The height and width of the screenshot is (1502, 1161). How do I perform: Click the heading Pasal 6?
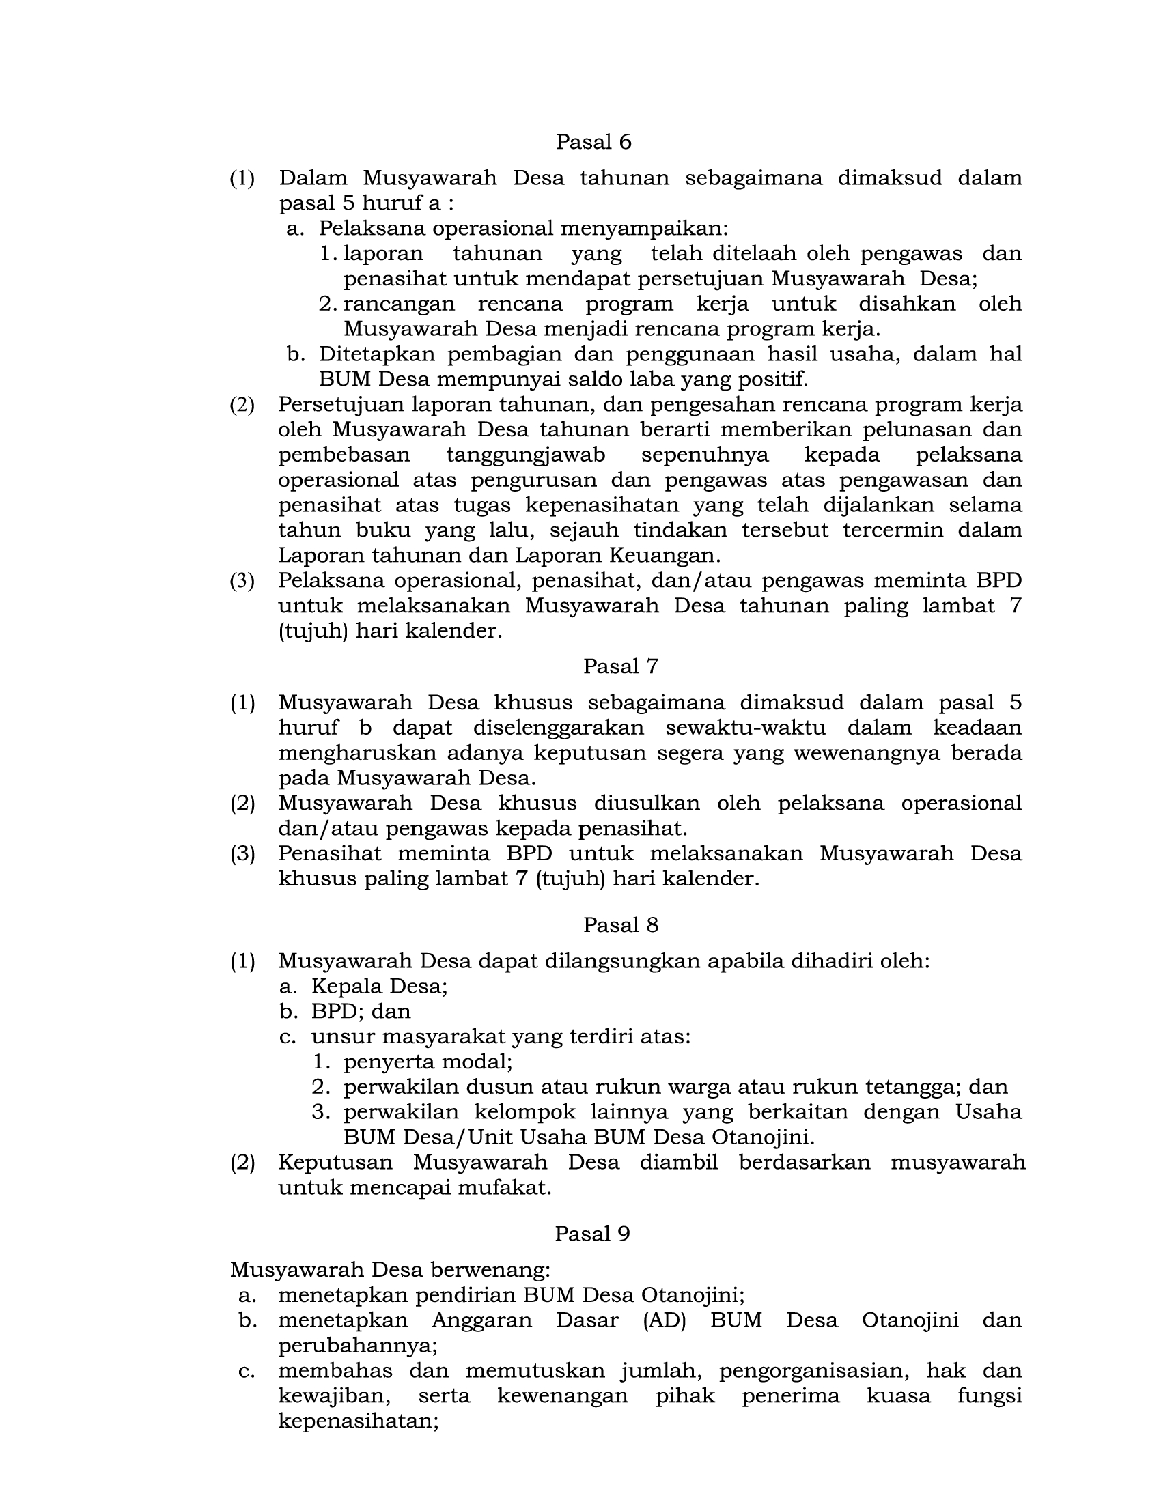coord(593,143)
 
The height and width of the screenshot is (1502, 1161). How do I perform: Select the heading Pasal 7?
coord(620,666)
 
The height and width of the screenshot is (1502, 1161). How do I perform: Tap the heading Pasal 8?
coord(620,925)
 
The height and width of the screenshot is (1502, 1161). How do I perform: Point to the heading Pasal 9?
coord(592,1234)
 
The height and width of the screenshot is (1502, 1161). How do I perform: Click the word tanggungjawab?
coord(525,455)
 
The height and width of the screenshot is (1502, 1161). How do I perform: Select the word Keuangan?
coord(670,555)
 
